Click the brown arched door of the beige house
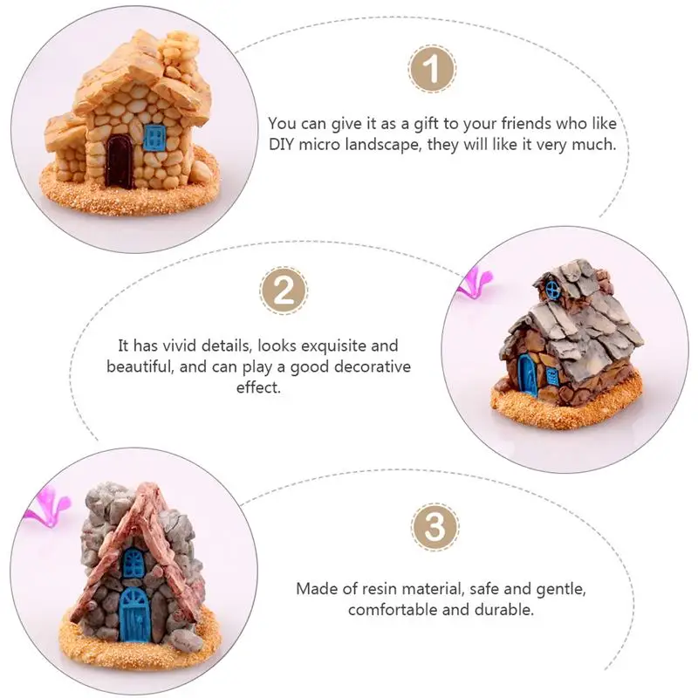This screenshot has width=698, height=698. click(119, 161)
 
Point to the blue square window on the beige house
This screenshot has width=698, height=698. click(154, 136)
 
